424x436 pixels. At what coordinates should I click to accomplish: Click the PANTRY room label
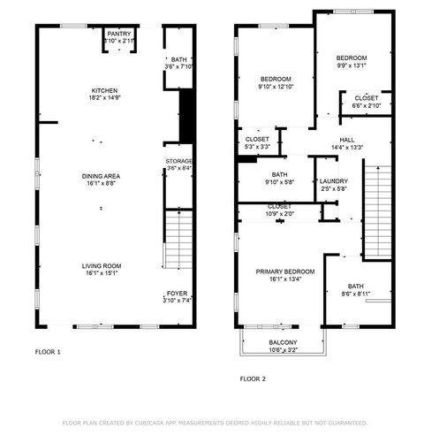119,34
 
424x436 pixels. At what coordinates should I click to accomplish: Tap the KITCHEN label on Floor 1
105,91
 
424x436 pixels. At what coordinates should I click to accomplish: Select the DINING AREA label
100,176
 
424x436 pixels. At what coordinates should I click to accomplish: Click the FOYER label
177,294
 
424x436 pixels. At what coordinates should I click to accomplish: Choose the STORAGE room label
178,161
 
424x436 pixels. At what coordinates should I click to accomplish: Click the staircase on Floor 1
178,240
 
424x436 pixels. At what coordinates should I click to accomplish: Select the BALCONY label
283,342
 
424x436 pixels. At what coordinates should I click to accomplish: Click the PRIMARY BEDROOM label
284,272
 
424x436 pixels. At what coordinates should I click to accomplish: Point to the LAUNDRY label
333,181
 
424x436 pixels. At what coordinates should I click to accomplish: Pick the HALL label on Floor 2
347,140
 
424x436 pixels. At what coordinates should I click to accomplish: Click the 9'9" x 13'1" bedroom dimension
351,65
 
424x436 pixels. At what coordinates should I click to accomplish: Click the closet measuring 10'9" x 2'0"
279,213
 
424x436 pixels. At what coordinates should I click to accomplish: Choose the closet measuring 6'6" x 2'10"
366,105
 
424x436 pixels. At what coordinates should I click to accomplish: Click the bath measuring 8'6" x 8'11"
355,293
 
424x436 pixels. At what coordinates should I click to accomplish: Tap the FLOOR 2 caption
254,379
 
